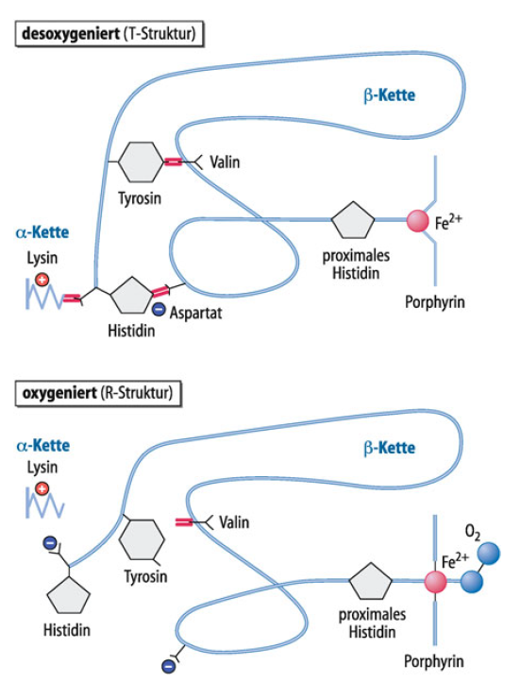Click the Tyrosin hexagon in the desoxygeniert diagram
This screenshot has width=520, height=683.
(x=141, y=162)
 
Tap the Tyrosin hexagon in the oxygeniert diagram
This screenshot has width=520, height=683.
(x=142, y=539)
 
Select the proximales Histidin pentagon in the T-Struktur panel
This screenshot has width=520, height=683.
(x=353, y=220)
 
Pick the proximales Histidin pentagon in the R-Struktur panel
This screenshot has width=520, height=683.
(x=371, y=582)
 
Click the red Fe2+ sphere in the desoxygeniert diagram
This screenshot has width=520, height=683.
(x=418, y=221)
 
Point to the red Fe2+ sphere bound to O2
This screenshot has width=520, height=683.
(x=436, y=582)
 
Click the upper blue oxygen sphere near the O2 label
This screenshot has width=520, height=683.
(x=488, y=554)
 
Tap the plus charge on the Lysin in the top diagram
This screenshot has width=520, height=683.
(x=42, y=280)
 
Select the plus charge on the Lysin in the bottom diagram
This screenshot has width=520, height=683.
(x=42, y=489)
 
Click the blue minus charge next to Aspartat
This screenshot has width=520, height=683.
(x=159, y=310)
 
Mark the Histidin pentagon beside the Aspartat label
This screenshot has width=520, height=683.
(x=131, y=296)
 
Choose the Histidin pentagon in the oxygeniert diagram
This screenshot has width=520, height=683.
(x=68, y=595)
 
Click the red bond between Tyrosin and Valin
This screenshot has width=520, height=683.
(x=173, y=162)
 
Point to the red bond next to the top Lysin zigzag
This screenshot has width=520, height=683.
(x=72, y=298)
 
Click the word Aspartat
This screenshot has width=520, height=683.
(x=195, y=314)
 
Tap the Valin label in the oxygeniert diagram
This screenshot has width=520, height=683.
(x=234, y=522)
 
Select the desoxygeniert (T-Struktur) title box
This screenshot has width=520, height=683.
(x=109, y=34)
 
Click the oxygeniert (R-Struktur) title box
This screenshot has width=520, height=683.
(x=98, y=394)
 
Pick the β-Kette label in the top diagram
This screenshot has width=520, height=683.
(x=389, y=95)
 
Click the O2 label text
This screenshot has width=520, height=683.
(x=473, y=532)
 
